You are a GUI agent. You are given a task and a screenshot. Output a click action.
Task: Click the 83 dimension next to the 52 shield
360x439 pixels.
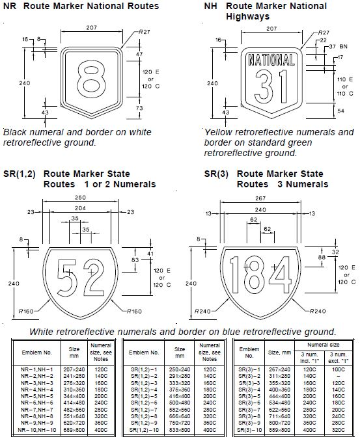click(135, 259)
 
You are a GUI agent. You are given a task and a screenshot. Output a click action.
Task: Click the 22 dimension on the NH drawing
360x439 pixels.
click(324, 39)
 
